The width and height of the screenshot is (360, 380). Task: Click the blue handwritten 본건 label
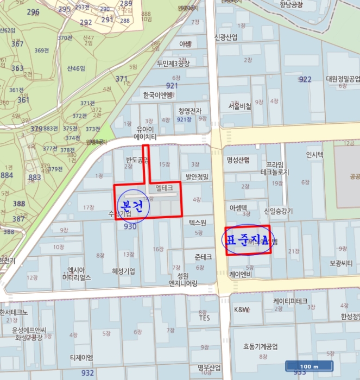tap(132, 206)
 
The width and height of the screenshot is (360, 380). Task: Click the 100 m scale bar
tap(308, 366)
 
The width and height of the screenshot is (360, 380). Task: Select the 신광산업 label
tap(226, 37)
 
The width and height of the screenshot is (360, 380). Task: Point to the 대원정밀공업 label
tap(343, 79)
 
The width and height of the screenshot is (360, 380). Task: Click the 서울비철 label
tap(240, 106)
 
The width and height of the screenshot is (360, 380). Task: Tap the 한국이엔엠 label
tap(157, 95)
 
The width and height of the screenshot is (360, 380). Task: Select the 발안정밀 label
tap(197, 176)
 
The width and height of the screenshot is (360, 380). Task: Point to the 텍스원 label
tap(198, 223)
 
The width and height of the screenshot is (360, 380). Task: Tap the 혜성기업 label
tap(123, 271)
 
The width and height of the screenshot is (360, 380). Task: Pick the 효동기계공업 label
tap(260, 346)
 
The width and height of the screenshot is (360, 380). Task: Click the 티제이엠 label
tap(81, 358)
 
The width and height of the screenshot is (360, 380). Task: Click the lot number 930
tap(130, 226)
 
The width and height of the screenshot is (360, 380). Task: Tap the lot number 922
tap(305, 79)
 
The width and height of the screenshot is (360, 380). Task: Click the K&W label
tap(241, 309)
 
